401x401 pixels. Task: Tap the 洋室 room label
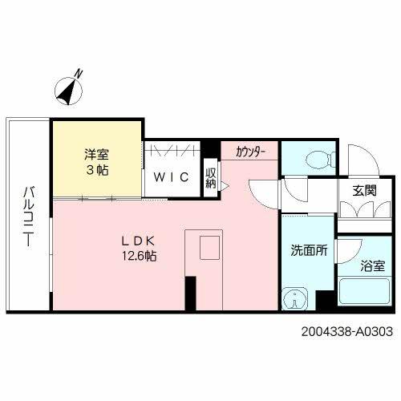(x=95, y=155)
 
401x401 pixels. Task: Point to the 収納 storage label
(x=211, y=177)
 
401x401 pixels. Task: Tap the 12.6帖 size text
(x=138, y=256)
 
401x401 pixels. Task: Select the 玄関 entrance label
(x=364, y=191)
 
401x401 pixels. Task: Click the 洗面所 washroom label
(x=308, y=250)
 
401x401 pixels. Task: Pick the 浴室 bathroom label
(x=371, y=264)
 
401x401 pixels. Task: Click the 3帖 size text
(x=95, y=171)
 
